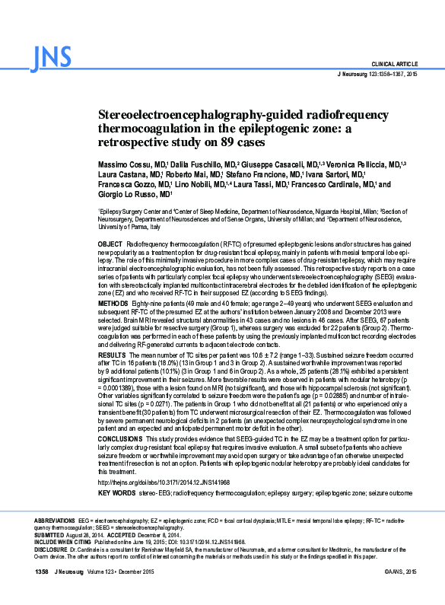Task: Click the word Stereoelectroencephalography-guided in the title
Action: coord(187,115)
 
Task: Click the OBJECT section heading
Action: coord(110,242)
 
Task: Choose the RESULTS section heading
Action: coord(112,355)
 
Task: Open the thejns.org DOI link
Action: coord(164,482)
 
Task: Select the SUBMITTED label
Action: coord(51,533)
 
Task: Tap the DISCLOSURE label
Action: coord(52,548)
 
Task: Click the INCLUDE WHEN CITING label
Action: coord(67,540)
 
